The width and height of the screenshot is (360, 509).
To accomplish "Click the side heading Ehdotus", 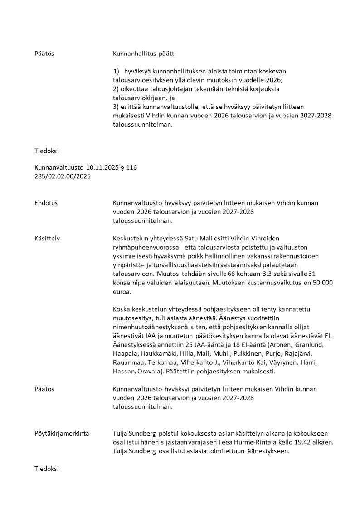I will tap(46, 203).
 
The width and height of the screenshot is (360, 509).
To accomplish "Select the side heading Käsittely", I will tap(47, 238).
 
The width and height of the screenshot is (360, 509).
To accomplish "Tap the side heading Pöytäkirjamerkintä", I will tap(62, 433).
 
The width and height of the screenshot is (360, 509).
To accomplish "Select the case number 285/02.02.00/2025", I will tap(63, 176).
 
